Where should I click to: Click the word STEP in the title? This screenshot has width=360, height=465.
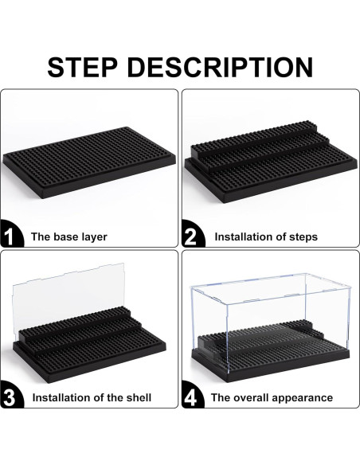(x=83, y=68)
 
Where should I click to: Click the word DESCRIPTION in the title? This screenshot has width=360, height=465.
(x=221, y=68)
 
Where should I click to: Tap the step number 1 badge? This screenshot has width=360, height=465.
(x=10, y=234)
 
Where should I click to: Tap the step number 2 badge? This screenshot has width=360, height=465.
(x=192, y=234)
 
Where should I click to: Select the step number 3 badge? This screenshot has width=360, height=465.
(x=10, y=395)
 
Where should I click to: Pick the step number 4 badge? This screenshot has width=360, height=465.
(x=192, y=395)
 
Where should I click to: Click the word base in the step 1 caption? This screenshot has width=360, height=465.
(x=65, y=237)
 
